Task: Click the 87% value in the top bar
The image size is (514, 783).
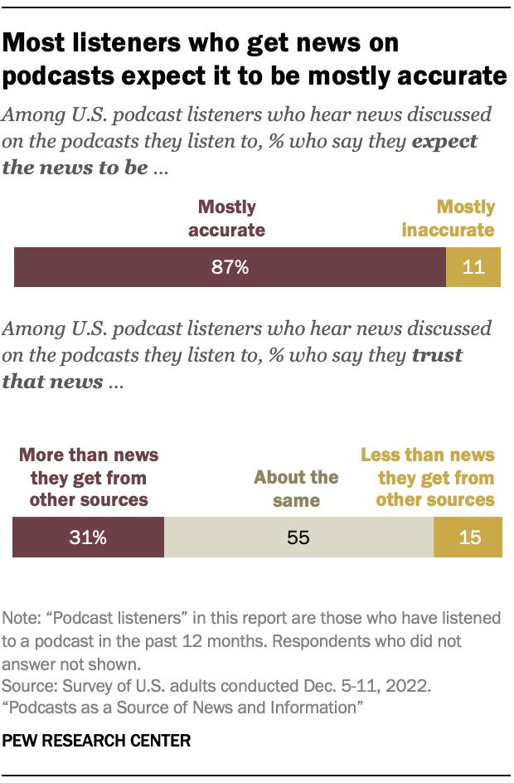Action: point(230,268)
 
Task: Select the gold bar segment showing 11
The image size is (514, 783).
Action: point(473,268)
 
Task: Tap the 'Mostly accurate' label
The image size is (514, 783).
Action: point(226,218)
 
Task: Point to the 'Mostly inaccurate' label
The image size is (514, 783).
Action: point(449,218)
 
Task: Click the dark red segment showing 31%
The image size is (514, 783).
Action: point(88,537)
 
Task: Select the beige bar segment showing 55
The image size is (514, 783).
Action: point(298,537)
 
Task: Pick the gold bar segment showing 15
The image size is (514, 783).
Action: point(468,537)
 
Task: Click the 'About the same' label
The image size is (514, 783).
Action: point(296,489)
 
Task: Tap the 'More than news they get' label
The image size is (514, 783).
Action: point(89,477)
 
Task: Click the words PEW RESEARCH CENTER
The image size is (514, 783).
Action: point(96,741)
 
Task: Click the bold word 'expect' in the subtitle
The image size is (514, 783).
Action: point(445,140)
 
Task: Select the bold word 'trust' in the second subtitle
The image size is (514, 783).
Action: point(438,355)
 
